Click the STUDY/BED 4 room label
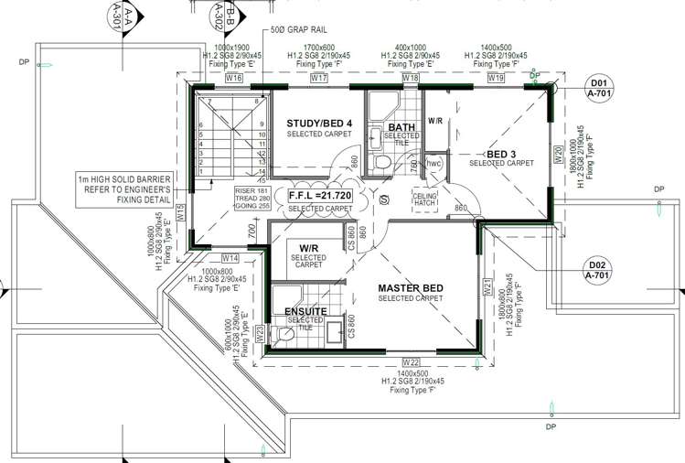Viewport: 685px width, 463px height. (319, 124)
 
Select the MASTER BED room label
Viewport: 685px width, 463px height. (411, 289)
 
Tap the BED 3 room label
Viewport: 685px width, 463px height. (501, 154)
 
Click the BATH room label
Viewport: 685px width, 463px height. (402, 127)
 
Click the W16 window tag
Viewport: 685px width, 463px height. (234, 79)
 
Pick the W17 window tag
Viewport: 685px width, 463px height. (319, 79)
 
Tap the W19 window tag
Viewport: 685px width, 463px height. (496, 79)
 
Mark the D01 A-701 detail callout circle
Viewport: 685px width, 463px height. (601, 94)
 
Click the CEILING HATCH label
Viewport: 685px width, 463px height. (425, 199)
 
